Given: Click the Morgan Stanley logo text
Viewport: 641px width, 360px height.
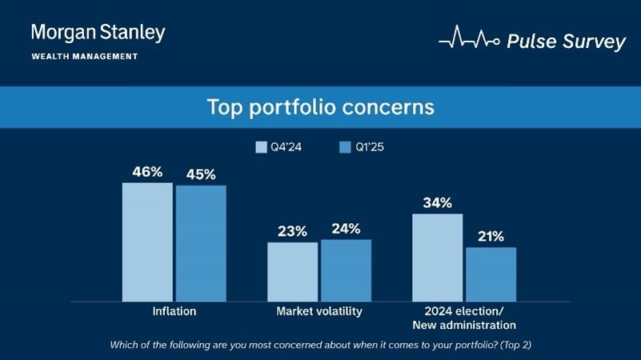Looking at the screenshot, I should tap(98, 33).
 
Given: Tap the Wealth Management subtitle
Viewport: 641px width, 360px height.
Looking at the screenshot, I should tap(84, 57).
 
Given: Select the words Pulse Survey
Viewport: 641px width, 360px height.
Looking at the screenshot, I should tap(567, 42).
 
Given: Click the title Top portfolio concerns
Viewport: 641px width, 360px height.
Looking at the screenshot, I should tap(320, 107).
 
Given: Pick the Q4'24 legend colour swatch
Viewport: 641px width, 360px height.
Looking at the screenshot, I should tap(261, 147).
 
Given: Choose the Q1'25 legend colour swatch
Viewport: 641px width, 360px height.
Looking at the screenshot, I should tap(346, 147).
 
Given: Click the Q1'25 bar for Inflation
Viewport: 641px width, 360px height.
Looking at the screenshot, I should tap(201, 243).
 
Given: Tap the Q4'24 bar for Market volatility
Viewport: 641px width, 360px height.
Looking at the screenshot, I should tap(292, 271).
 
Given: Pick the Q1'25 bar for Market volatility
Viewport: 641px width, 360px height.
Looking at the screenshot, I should tap(346, 270).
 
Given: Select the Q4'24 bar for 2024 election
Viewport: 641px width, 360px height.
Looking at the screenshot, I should tap(437, 257).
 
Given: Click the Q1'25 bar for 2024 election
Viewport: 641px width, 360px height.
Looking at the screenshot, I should tap(491, 274).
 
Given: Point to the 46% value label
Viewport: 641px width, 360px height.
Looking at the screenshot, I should tap(147, 171).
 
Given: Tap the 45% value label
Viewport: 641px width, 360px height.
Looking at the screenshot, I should tap(201, 174).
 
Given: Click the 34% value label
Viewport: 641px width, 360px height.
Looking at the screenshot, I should tap(437, 202).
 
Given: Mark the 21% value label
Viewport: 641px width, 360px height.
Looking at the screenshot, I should tap(491, 236).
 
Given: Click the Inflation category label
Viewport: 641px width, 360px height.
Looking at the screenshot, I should tap(174, 311).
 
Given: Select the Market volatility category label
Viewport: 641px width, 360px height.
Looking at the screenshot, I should tap(319, 311).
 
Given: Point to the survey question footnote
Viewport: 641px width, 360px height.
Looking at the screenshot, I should tap(320, 345).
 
